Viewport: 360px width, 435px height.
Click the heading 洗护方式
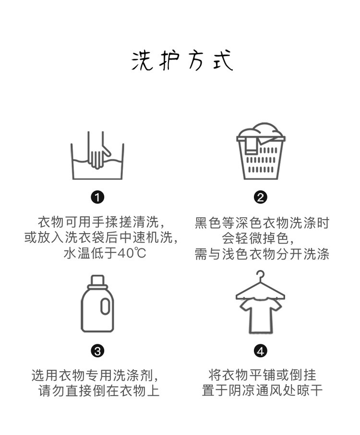pyautogui.click(x=182, y=61)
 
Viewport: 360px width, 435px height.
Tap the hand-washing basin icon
pyautogui.click(x=97, y=154)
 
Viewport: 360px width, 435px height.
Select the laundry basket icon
pyautogui.click(x=261, y=152)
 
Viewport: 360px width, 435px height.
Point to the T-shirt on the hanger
pyautogui.click(x=261, y=314)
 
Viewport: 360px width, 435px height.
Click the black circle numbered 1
pyautogui.click(x=97, y=197)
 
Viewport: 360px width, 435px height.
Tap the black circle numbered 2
pyautogui.click(x=261, y=197)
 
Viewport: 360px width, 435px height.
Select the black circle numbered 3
pyautogui.click(x=97, y=351)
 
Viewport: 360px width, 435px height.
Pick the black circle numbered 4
pyautogui.click(x=261, y=351)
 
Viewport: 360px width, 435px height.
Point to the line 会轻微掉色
pyautogui.click(x=261, y=238)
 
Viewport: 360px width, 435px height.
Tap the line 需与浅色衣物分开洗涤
pyautogui.click(x=262, y=254)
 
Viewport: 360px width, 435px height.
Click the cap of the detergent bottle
pyautogui.click(x=97, y=280)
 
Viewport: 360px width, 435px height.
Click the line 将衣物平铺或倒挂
pyautogui.click(x=262, y=375)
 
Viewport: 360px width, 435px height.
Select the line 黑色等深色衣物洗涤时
pyautogui.click(x=262, y=223)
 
